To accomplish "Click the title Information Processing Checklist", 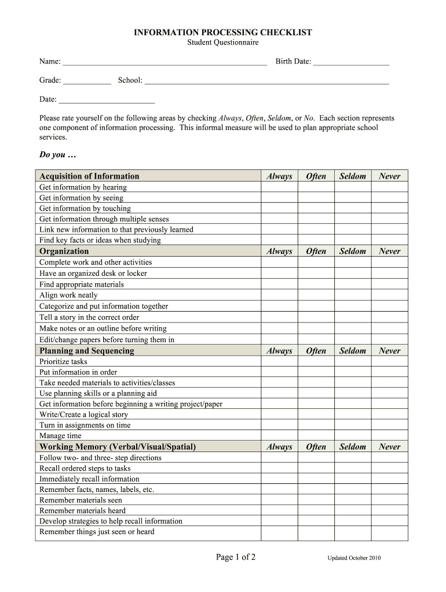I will tap(223, 33).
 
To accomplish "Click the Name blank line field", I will tap(164, 62).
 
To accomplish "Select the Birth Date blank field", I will tap(351, 62).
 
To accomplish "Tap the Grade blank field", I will tap(86, 81).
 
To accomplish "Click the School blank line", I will tap(266, 81).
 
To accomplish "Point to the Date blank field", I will tap(107, 100).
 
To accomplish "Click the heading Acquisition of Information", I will tap(89, 176).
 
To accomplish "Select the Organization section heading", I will tap(64, 251).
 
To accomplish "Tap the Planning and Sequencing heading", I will tap(86, 351).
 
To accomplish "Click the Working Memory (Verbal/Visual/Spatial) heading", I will tap(118, 447).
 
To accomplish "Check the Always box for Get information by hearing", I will tap(279, 187).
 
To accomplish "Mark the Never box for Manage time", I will tap(389, 436).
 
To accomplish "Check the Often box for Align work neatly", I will tap(316, 295).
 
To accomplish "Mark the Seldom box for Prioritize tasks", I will tap(353, 362).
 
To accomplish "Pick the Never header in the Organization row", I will tap(389, 251).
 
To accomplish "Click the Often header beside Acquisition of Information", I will tap(316, 176).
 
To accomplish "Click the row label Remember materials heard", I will tap(82, 511).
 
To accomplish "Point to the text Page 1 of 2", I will tap(236, 557).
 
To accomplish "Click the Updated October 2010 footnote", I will tap(354, 558).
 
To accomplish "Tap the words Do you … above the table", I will tap(57, 156).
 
